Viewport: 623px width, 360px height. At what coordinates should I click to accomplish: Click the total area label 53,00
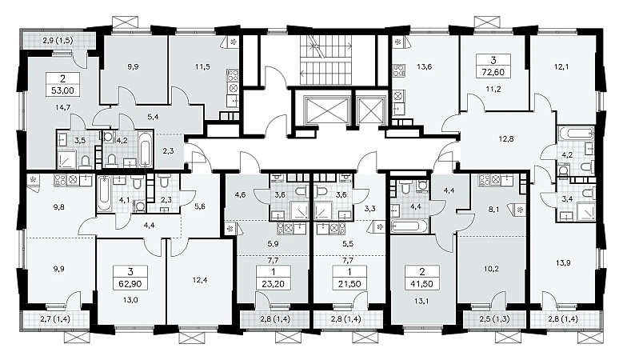tap(62, 90)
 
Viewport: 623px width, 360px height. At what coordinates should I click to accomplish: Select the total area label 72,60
tap(493, 72)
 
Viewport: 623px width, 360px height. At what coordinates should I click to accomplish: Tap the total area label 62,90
tap(130, 284)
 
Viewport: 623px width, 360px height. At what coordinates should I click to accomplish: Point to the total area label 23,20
tap(274, 284)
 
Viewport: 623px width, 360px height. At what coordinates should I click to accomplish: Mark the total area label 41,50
tap(422, 284)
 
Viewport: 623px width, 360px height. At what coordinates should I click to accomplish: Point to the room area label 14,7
tap(62, 106)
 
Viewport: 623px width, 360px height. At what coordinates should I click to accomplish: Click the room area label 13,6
tap(425, 66)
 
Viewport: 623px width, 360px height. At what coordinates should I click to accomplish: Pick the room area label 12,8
tap(506, 139)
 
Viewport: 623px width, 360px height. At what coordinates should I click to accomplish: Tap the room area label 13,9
tap(563, 262)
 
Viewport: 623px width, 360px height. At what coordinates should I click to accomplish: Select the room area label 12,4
tap(200, 280)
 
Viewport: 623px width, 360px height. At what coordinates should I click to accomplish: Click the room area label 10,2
tap(491, 269)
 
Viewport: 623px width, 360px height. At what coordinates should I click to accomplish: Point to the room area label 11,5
tap(202, 66)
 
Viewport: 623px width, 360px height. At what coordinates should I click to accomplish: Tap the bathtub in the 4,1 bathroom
tap(104, 193)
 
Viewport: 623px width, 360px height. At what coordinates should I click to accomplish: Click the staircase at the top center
tap(325, 60)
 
